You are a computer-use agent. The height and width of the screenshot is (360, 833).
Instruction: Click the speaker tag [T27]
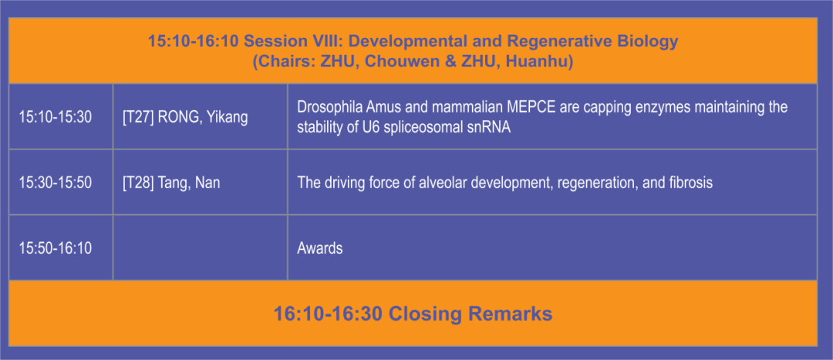pyautogui.click(x=137, y=117)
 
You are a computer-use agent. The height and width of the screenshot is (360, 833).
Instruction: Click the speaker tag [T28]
pyautogui.click(x=137, y=183)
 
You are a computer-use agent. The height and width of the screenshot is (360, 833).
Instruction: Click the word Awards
pyautogui.click(x=320, y=248)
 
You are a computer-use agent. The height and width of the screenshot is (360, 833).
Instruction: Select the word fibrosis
pyautogui.click(x=692, y=183)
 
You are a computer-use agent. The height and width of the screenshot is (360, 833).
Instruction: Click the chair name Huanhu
pyautogui.click(x=538, y=62)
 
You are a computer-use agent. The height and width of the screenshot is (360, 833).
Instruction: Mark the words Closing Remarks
pyautogui.click(x=470, y=313)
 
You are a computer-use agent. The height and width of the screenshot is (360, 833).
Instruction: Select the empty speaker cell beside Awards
pyautogui.click(x=201, y=248)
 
